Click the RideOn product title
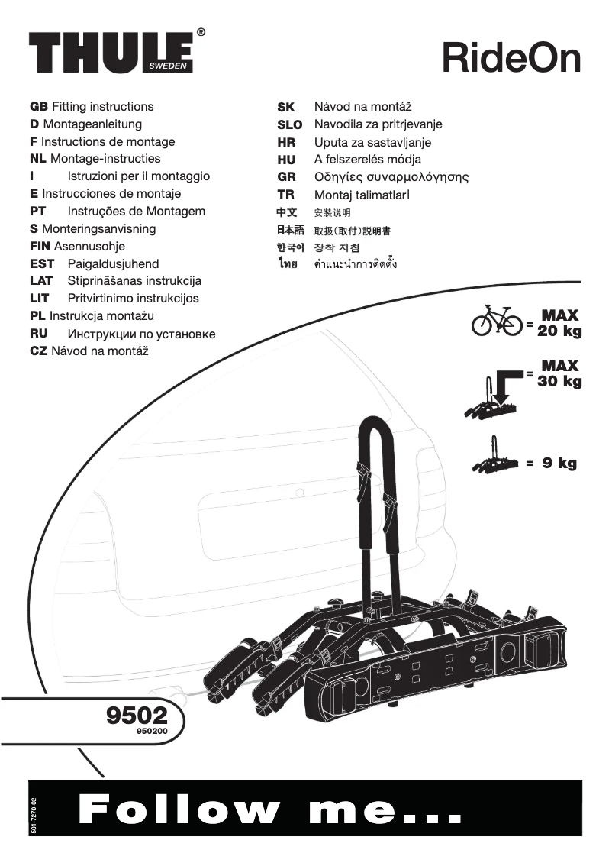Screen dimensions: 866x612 click(511, 58)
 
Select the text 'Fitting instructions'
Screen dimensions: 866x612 click(102, 107)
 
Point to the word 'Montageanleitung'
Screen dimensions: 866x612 click(92, 124)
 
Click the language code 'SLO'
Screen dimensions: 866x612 click(289, 124)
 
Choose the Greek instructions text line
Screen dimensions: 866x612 click(391, 177)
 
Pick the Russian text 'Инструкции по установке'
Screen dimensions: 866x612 click(141, 334)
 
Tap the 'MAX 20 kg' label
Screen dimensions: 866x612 click(559, 323)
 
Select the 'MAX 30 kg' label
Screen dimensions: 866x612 click(559, 373)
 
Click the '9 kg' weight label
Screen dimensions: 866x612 click(559, 463)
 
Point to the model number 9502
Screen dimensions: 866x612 click(137, 716)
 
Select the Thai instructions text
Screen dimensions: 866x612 click(356, 266)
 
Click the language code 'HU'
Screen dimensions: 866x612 click(286, 160)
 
